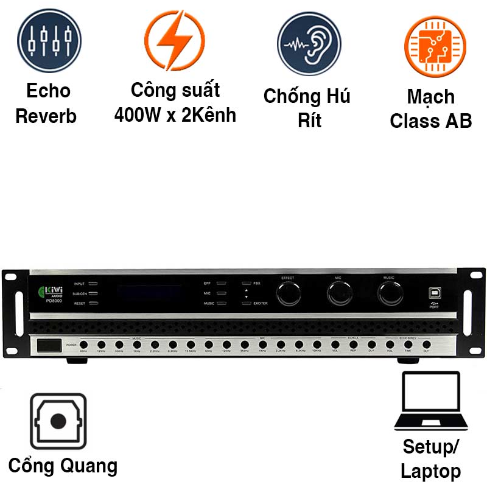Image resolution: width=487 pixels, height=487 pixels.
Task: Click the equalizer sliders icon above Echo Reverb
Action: (49, 41)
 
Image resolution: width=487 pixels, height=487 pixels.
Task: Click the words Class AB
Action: (431, 121)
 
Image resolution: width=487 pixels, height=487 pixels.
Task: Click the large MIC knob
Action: (338, 294)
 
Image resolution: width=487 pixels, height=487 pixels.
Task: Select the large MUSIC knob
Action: (390, 294)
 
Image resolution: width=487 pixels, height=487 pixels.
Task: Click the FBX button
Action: (246, 284)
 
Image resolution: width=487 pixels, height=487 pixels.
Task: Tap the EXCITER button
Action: (246, 303)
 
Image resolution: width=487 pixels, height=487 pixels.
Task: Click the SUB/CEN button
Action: (93, 293)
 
